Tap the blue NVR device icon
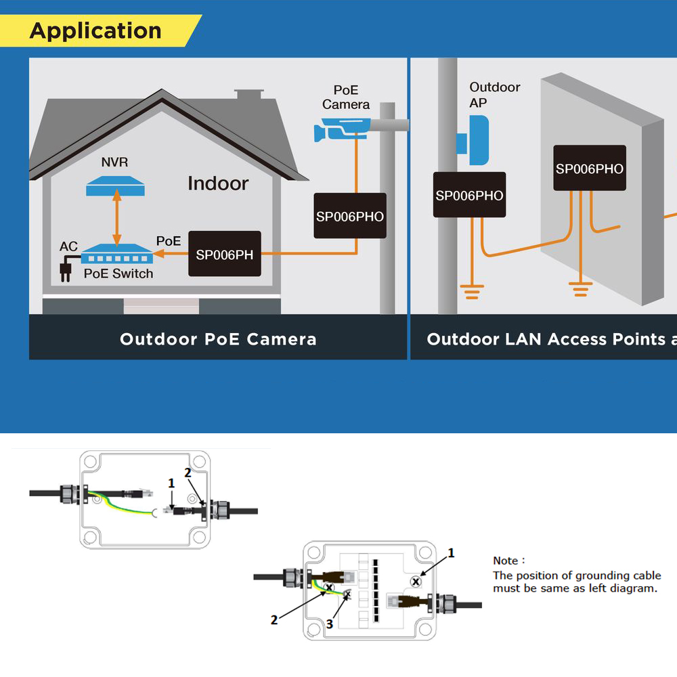115,185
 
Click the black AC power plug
66,271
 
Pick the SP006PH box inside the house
224,255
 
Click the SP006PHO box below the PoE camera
349,216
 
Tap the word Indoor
218,183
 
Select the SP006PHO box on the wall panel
590,168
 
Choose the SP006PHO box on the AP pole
469,195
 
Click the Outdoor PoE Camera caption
218,339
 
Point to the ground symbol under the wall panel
580,291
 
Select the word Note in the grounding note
505,561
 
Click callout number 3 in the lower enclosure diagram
329,624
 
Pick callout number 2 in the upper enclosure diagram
188,473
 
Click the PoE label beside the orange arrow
169,241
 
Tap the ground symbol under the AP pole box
472,292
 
